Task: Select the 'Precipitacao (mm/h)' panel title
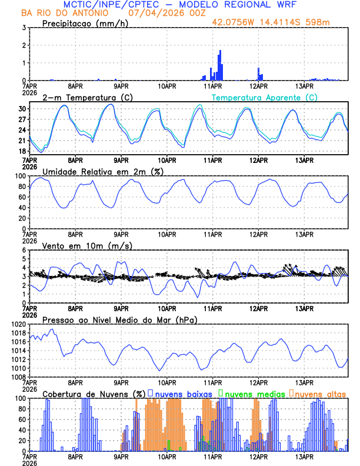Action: click(x=85, y=23)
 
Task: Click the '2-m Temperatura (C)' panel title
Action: click(x=87, y=97)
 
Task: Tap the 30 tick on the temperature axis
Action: click(x=22, y=109)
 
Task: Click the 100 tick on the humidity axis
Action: click(x=19, y=176)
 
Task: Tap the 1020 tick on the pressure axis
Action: click(x=18, y=324)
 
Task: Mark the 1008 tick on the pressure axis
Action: click(x=18, y=377)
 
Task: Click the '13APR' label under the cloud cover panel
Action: click(x=304, y=456)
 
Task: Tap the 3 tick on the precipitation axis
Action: click(x=24, y=28)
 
